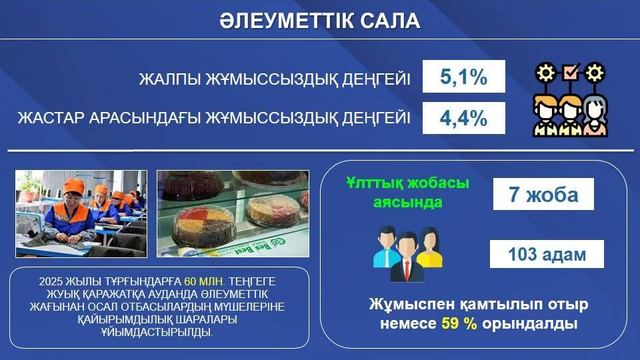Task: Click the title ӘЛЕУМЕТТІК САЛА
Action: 320,21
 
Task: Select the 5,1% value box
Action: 464,76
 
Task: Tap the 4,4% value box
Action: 464,118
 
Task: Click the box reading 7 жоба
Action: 543,194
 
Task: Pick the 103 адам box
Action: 547,254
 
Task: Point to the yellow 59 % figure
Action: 459,324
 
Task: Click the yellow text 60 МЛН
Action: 204,281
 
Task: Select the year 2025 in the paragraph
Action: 51,281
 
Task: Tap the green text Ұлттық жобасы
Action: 408,183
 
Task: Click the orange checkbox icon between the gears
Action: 570,72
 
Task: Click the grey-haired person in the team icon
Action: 595,115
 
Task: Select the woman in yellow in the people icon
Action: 429,247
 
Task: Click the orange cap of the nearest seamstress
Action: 73,186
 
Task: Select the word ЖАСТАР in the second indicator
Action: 51,118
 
